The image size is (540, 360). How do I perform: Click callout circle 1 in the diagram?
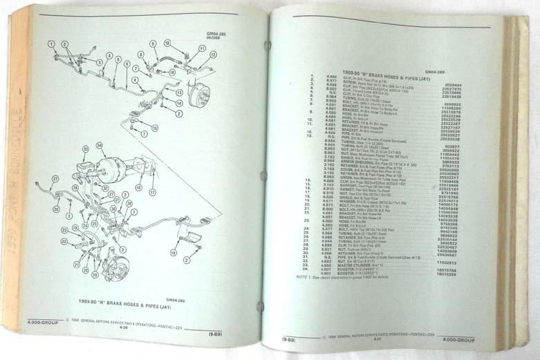click(x=50, y=44)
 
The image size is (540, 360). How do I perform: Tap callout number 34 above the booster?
click(x=99, y=145)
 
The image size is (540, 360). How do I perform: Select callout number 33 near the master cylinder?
click(x=85, y=149)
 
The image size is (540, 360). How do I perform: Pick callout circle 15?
click(x=154, y=128)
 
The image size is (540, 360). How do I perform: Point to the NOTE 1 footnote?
click(x=360, y=278)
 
